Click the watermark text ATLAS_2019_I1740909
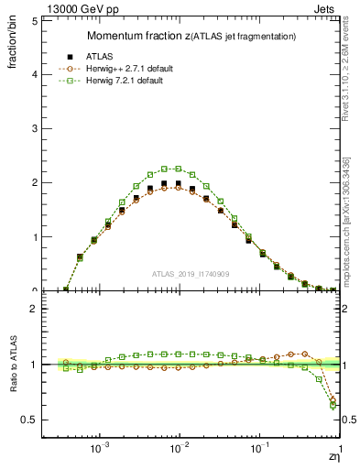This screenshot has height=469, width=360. pos(191,274)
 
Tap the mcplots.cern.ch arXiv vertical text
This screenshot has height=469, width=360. pos(352,211)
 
